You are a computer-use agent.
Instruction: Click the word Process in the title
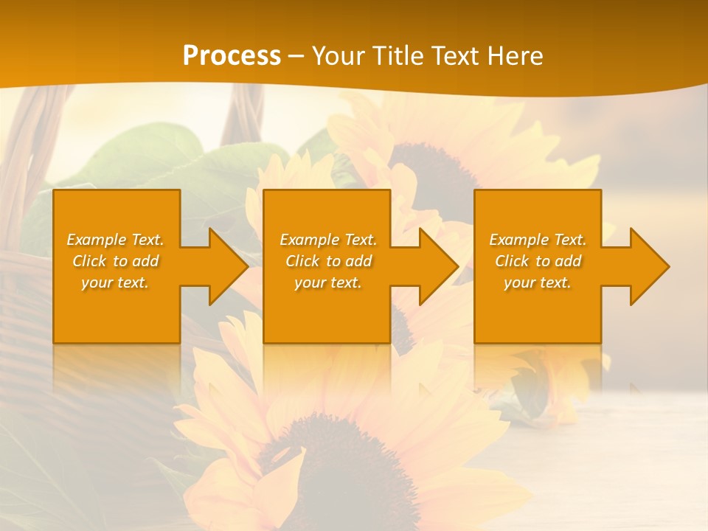pyautogui.click(x=232, y=56)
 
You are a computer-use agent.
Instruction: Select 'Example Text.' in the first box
pyautogui.click(x=115, y=240)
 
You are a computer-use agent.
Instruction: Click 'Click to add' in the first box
pyautogui.click(x=115, y=261)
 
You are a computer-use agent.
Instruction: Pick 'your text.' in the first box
pyautogui.click(x=115, y=282)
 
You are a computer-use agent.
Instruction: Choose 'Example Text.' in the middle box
pyautogui.click(x=328, y=240)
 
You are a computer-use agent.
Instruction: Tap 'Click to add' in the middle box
pyautogui.click(x=328, y=261)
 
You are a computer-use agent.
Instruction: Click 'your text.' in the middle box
pyautogui.click(x=328, y=282)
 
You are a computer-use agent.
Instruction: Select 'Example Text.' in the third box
pyautogui.click(x=538, y=240)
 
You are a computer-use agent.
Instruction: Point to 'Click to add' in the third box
pyautogui.click(x=538, y=261)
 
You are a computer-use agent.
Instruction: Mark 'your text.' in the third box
pyautogui.click(x=538, y=282)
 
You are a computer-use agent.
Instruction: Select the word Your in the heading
pyautogui.click(x=336, y=56)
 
